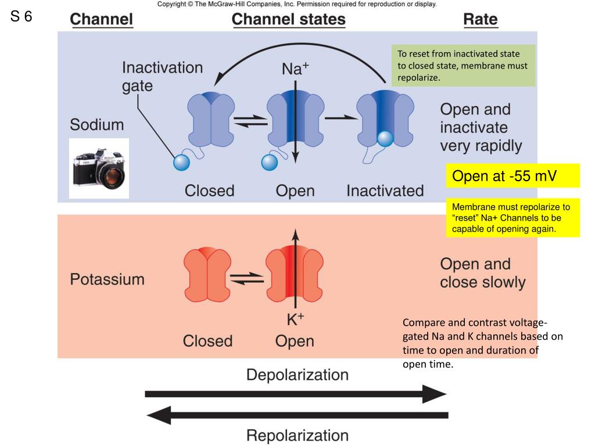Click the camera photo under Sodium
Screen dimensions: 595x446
[99, 168]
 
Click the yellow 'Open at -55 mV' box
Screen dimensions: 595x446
[512, 175]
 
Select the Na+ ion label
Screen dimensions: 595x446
[295, 69]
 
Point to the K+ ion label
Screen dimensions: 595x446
[295, 319]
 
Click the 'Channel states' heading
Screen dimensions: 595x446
[288, 19]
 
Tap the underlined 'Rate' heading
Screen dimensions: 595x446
[481, 19]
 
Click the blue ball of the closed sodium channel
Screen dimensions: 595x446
[181, 163]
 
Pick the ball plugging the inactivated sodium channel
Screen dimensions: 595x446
[385, 139]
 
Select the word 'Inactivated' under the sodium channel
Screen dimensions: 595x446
[385, 190]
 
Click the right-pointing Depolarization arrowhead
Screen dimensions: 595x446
[435, 394]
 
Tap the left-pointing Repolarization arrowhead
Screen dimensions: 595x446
[159, 415]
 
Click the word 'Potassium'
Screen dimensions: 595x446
[107, 279]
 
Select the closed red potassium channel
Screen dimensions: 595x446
[207, 275]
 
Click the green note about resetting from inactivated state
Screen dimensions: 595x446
[463, 66]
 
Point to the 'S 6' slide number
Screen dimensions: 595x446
[21, 16]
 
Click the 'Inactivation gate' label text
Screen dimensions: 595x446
[162, 77]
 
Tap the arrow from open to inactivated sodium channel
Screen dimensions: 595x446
[340, 118]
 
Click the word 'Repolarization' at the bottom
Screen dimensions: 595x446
[297, 436]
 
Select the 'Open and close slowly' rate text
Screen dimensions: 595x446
[483, 273]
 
